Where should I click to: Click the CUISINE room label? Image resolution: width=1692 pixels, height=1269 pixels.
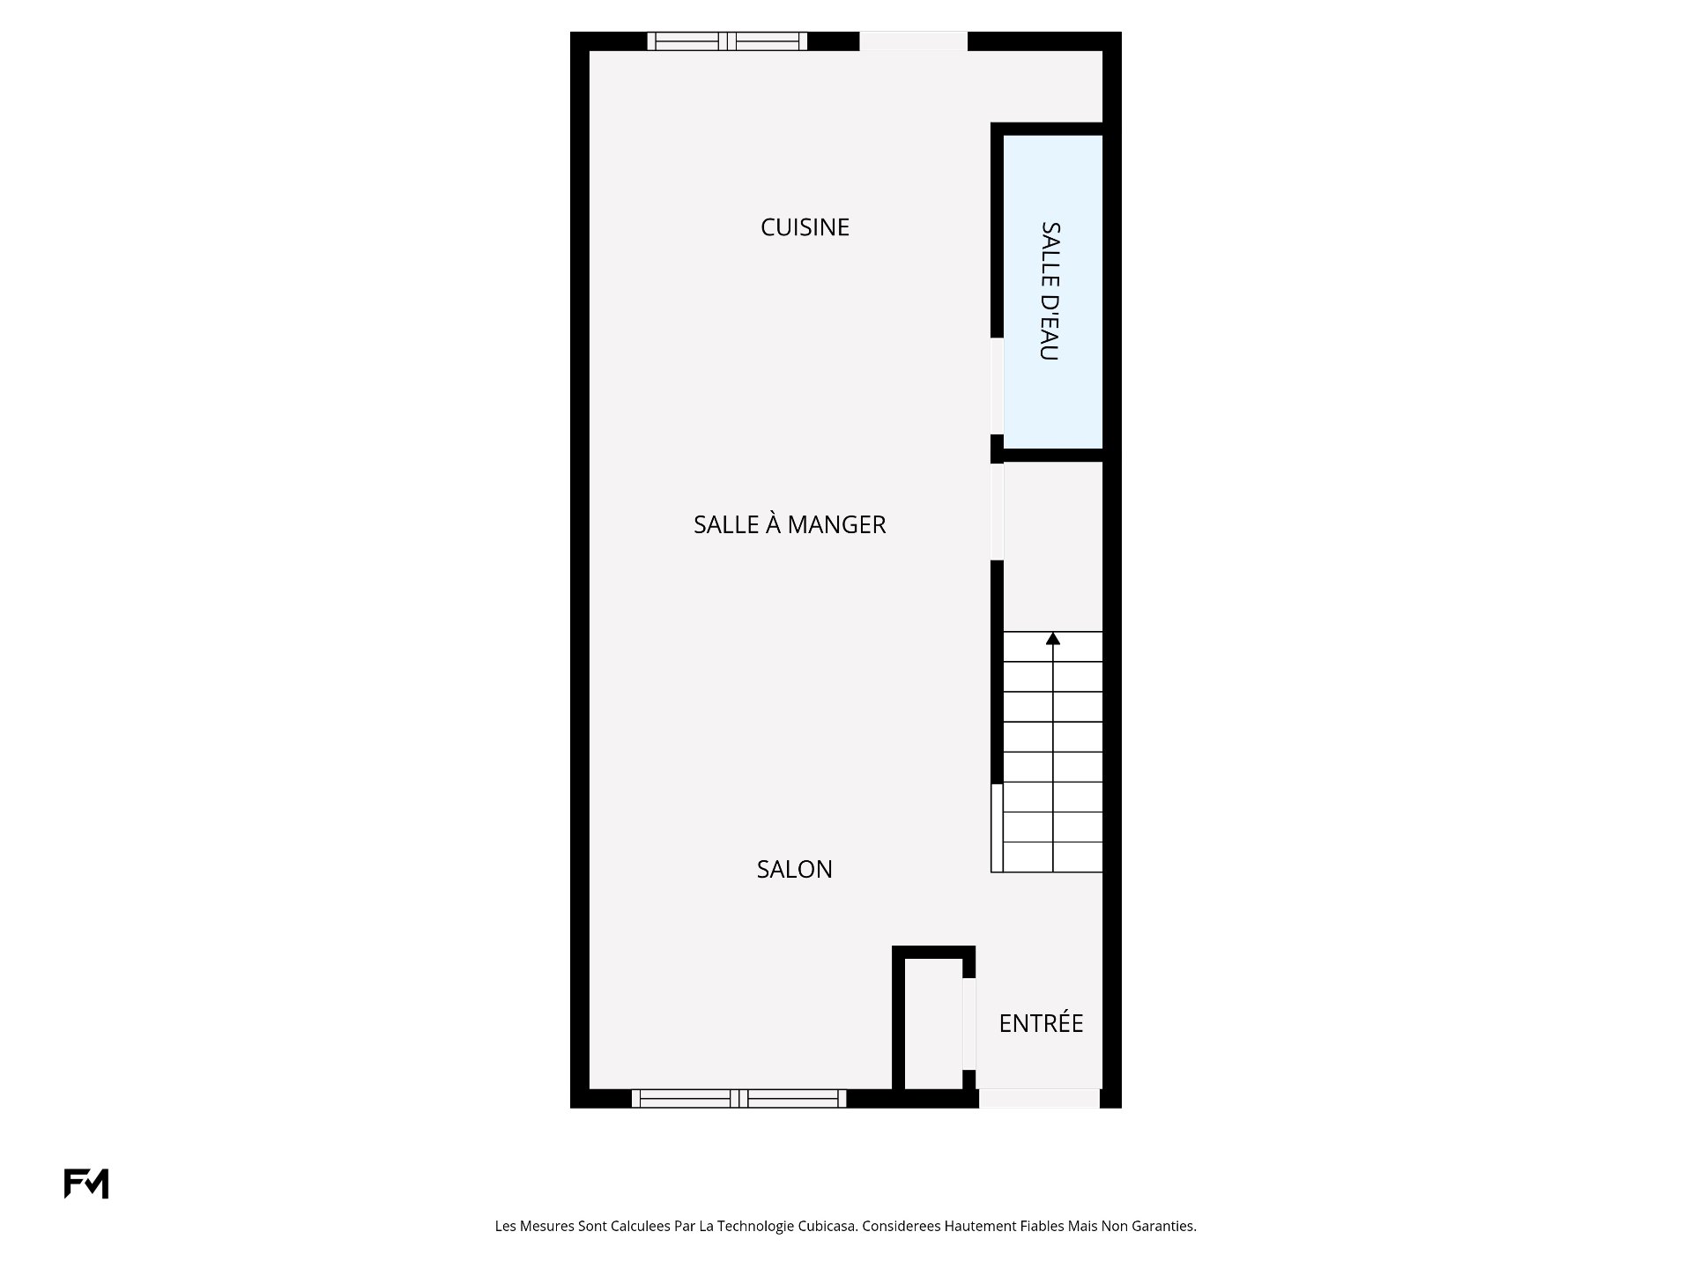805,227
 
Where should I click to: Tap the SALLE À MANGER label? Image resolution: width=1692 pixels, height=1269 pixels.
790,524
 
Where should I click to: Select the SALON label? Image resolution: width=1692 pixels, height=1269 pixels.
794,869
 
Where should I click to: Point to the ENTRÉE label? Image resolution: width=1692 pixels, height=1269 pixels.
1041,1022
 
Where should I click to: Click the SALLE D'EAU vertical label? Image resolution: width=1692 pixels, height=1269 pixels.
1050,291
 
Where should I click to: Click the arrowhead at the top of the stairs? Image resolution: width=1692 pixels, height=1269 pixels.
1053,638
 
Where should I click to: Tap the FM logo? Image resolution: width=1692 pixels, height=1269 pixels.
86,1184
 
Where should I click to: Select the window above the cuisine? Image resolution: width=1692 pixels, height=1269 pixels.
727,41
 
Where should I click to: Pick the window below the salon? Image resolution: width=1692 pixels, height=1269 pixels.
738,1098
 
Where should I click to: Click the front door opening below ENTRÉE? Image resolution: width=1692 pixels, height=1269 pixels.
1040,1098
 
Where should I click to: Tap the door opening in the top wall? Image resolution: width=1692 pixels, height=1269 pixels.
913,41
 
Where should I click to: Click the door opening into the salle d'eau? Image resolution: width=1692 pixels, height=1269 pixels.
998,386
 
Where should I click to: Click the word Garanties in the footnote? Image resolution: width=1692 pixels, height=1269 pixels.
1165,1226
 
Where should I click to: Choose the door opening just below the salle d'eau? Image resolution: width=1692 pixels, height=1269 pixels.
998,512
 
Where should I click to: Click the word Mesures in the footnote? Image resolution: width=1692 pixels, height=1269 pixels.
547,1226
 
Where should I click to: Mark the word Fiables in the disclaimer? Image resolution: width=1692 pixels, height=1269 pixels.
1041,1226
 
